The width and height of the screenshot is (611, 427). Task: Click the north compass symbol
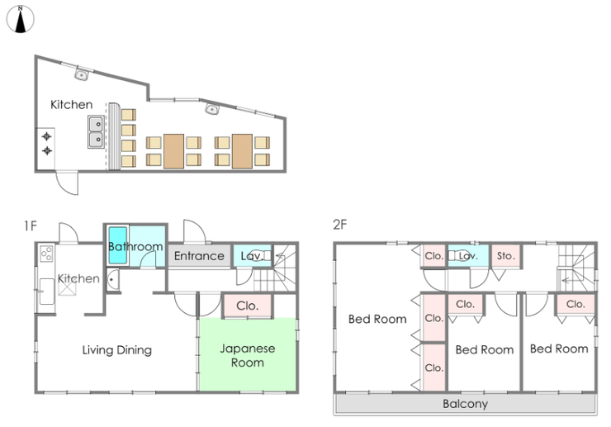pyautogui.click(x=21, y=19)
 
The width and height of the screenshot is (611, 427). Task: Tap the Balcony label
pyautogui.click(x=465, y=404)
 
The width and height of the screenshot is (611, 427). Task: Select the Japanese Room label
pyautogui.click(x=248, y=355)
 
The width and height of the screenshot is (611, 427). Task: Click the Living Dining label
pyautogui.click(x=117, y=350)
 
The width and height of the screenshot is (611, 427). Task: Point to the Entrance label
pyautogui.click(x=199, y=256)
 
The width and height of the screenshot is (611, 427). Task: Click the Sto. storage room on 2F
pyautogui.click(x=506, y=256)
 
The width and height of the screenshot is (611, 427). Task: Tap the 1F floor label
pyautogui.click(x=31, y=225)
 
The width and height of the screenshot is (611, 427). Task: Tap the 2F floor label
pyautogui.click(x=339, y=225)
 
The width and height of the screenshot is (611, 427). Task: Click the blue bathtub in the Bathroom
pyautogui.click(x=118, y=245)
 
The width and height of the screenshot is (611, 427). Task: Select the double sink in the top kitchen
pyautogui.click(x=97, y=132)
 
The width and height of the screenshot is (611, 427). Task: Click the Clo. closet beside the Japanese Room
pyautogui.click(x=248, y=306)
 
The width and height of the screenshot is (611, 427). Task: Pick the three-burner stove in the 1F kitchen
pyautogui.click(x=46, y=254)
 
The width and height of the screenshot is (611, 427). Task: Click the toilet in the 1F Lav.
pyautogui.click(x=263, y=256)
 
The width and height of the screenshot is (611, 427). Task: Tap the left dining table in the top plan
pyautogui.click(x=173, y=151)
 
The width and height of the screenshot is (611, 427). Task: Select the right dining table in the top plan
pyautogui.click(x=242, y=151)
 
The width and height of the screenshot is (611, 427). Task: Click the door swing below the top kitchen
pyautogui.click(x=67, y=183)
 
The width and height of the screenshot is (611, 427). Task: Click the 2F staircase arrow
pyautogui.click(x=566, y=280)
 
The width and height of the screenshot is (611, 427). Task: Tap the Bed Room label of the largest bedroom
pyautogui.click(x=377, y=319)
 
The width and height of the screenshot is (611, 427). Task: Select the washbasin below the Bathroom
pyautogui.click(x=112, y=280)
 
